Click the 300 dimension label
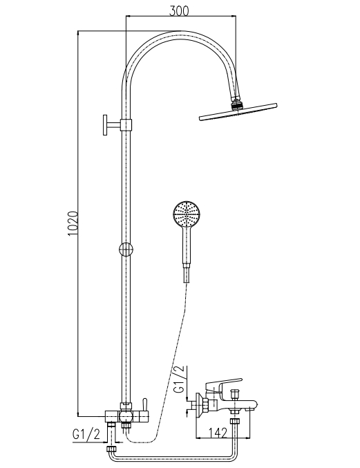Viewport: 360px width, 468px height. (179, 10)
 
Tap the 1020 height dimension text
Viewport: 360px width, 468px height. (73, 223)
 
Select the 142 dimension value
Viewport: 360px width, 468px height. (218, 433)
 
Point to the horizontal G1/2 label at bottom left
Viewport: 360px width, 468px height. (86, 434)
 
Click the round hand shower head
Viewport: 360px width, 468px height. (187, 214)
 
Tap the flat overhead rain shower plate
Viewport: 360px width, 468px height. (238, 112)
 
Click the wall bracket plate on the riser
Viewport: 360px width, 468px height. (105, 124)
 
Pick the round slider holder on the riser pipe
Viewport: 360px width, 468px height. (126, 250)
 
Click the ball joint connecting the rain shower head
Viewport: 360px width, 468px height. (237, 105)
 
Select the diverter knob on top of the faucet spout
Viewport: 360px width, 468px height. (235, 393)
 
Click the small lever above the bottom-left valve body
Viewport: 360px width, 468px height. (144, 404)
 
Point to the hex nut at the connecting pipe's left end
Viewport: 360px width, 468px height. (111, 449)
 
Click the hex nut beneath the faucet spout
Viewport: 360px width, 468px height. (235, 422)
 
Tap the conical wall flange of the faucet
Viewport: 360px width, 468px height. (199, 405)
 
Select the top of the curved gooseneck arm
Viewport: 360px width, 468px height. (180, 33)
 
